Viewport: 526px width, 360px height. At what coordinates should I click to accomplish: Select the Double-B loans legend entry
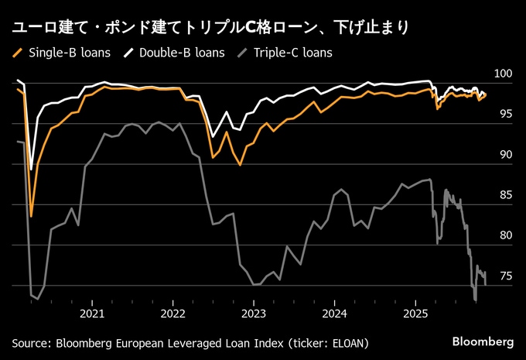click(x=183, y=53)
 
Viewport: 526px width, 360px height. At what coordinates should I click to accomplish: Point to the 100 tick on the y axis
click(x=503, y=74)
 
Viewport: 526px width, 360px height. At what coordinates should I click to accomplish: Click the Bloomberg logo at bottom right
click(x=482, y=341)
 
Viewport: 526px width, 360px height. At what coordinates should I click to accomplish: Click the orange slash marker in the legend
click(x=18, y=53)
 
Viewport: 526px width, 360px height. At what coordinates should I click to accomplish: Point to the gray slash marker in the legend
click(x=242, y=53)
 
